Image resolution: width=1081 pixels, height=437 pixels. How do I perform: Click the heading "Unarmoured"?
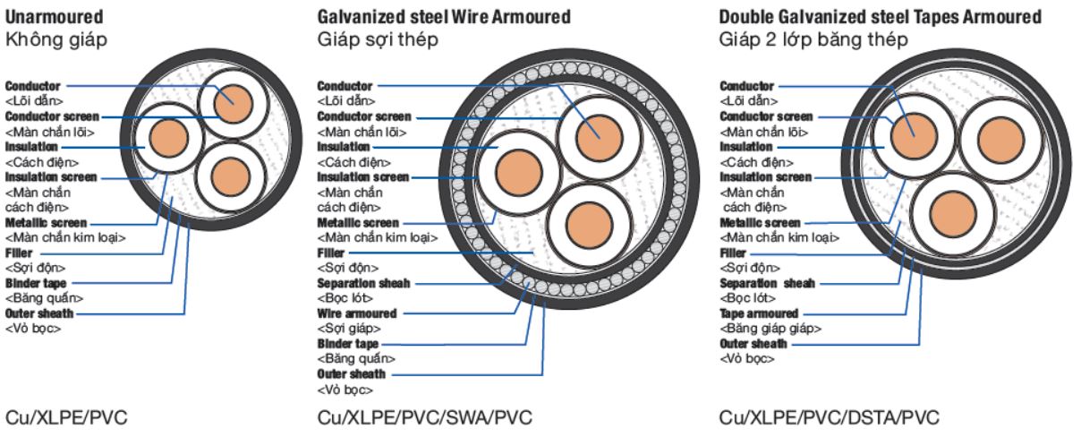tap(54, 17)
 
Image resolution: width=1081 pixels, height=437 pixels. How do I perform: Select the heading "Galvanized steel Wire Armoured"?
tap(444, 17)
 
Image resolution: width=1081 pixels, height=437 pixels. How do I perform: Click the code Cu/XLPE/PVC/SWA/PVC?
tap(425, 418)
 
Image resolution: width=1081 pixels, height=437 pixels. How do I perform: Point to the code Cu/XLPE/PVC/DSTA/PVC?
tap(830, 418)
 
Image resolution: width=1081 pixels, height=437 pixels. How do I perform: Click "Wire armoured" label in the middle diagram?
tap(357, 313)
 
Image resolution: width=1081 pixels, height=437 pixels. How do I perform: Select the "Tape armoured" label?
tap(759, 313)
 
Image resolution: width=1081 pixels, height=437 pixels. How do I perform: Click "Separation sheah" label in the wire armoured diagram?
tap(363, 283)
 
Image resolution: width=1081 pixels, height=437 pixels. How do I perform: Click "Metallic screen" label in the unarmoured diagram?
tap(46, 222)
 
